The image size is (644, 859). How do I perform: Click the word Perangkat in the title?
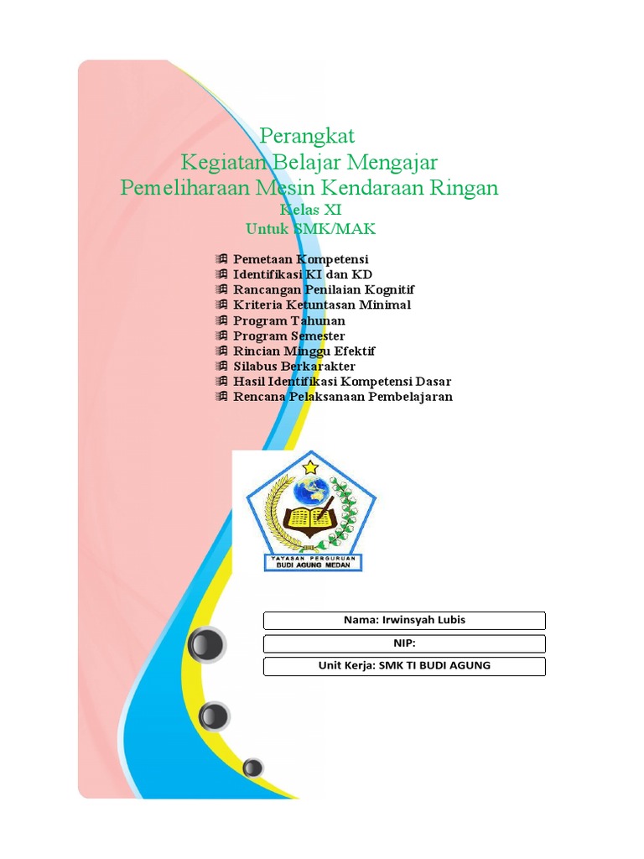pyautogui.click(x=307, y=136)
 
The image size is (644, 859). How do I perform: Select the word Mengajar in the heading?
pyautogui.click(x=392, y=162)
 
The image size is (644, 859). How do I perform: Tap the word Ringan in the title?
pyautogui.click(x=464, y=188)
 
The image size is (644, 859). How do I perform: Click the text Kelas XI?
pyautogui.click(x=310, y=209)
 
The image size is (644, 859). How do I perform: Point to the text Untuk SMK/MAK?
pyautogui.click(x=310, y=228)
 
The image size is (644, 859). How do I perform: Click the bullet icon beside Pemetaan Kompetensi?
pyautogui.click(x=221, y=258)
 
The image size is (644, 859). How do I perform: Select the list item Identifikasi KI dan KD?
pyautogui.click(x=302, y=274)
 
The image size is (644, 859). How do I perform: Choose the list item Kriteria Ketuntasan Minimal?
pyautogui.click(x=322, y=305)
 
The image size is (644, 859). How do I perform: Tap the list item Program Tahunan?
pyautogui.click(x=289, y=320)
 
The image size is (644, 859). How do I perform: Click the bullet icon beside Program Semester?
pyautogui.click(x=221, y=336)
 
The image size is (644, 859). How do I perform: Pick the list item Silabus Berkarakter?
pyautogui.click(x=294, y=366)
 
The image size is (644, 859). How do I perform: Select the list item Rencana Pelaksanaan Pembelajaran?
pyautogui.click(x=343, y=397)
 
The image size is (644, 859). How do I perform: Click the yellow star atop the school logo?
pyautogui.click(x=310, y=467)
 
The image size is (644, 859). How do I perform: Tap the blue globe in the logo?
pyautogui.click(x=312, y=491)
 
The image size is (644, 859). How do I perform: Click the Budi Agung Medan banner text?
pyautogui.click(x=313, y=565)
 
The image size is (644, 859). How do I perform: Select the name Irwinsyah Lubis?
pyautogui.click(x=423, y=620)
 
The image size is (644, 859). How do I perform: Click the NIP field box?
pyautogui.click(x=404, y=643)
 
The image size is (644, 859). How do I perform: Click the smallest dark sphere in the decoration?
pyautogui.click(x=252, y=768)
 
